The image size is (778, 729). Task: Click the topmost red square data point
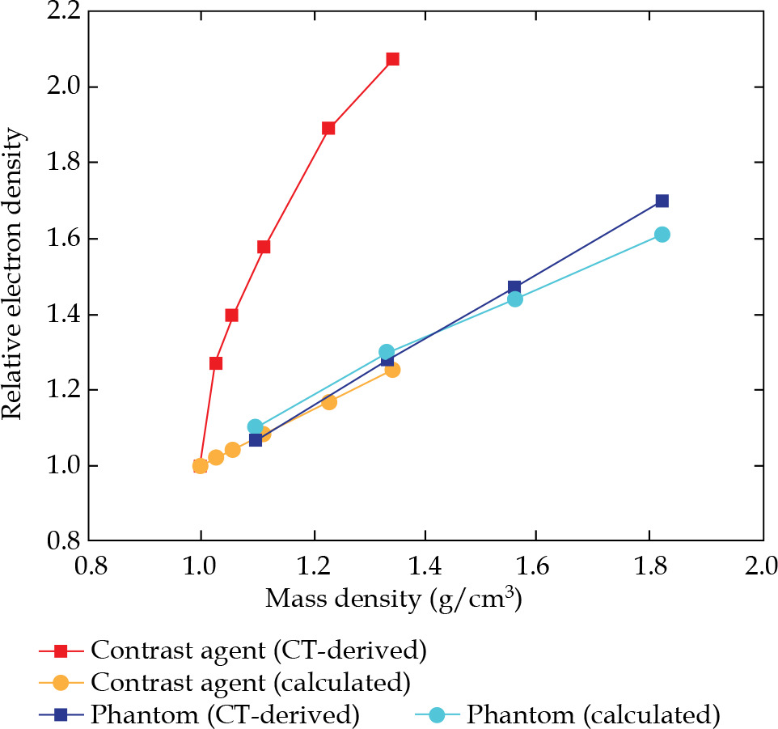coord(392,59)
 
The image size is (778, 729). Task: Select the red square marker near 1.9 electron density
coord(328,128)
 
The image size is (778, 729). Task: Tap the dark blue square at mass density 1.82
coord(662,201)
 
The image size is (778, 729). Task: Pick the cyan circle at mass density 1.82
coord(662,235)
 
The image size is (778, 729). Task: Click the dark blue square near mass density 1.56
coord(514,287)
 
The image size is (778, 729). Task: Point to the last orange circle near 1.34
coord(392,369)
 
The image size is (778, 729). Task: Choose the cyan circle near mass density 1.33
coord(387,352)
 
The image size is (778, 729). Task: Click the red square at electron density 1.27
coord(216,363)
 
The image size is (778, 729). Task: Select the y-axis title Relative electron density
coord(13,277)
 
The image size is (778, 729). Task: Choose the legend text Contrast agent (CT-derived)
coord(258,650)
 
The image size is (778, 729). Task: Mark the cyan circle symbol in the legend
coord(437,714)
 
